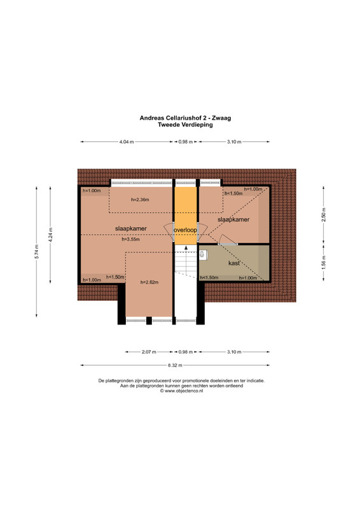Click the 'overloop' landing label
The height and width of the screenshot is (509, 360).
pos(185,230)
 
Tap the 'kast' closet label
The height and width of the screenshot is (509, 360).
pos(233,263)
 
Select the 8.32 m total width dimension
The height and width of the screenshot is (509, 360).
pos(175,365)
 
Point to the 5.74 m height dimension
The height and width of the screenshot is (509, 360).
pos(37,251)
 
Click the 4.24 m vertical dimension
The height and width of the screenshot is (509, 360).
pos(50,235)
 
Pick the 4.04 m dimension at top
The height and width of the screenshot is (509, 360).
pos(127,142)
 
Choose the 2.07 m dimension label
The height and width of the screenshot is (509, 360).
pos(149,352)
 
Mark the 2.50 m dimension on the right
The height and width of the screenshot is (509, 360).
pos(323,214)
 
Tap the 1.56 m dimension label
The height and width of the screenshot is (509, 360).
pos(323,263)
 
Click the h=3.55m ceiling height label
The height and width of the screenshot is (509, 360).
pos(130,240)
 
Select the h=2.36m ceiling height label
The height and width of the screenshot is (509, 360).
pos(140,200)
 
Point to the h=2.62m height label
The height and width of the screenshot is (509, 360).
pos(149,282)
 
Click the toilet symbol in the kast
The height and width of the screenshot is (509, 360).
pos(202,255)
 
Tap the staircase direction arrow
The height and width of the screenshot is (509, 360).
pos(186,248)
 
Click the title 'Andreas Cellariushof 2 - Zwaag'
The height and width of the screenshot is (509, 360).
pos(185,118)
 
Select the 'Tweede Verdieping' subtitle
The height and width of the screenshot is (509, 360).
pos(185,125)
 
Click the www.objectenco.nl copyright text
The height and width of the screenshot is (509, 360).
pos(181,391)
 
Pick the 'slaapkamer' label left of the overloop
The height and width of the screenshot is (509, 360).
pos(131,228)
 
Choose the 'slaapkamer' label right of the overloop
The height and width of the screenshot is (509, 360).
pos(233,220)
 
